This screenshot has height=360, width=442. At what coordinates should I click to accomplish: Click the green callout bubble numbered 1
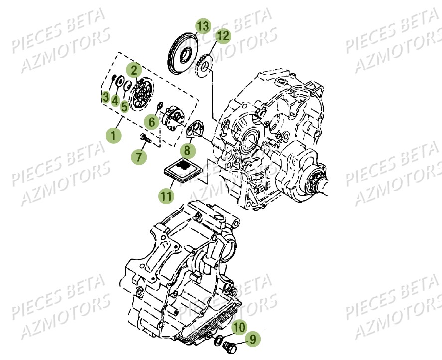coord(113,135)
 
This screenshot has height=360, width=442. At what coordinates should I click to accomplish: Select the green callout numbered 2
coord(133,69)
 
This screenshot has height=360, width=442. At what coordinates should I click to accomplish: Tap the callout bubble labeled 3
coord(105,97)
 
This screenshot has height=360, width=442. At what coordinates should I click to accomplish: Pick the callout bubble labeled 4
coord(115,101)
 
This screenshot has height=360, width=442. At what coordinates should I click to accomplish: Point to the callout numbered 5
coord(124,105)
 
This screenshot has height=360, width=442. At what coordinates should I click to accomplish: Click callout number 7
coord(139,157)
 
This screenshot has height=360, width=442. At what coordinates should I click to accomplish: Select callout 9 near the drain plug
coord(253,339)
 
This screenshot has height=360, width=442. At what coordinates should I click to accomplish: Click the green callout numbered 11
coord(166,196)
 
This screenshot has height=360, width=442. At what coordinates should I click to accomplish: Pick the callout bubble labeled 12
coord(223,35)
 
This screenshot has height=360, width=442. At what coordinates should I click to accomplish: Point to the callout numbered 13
coord(203,26)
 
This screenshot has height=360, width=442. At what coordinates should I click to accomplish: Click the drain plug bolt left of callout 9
coord(230,345)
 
